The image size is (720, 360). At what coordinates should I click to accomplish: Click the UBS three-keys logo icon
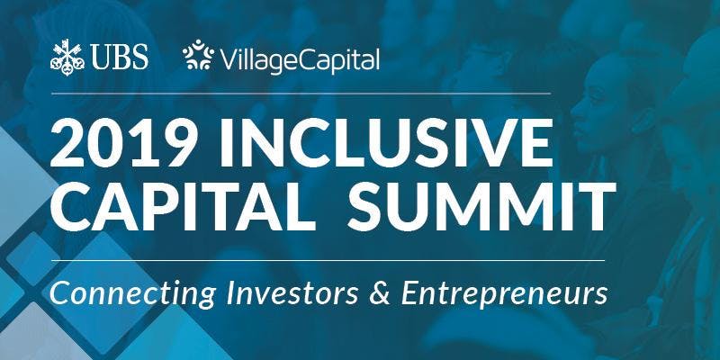68,58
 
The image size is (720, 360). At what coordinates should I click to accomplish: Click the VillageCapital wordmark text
298,60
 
